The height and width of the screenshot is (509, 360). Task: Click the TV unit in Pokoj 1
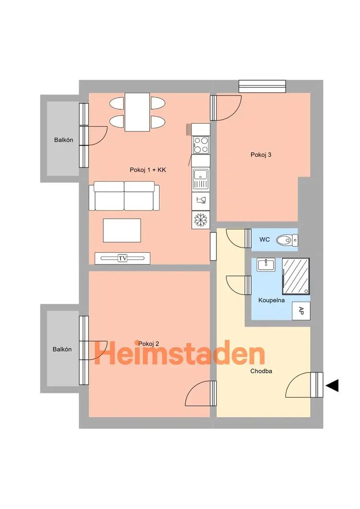pyautogui.click(x=122, y=258)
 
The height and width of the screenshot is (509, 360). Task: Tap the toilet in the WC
pyautogui.click(x=287, y=240)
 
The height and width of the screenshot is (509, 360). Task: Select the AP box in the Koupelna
pyautogui.click(x=301, y=311)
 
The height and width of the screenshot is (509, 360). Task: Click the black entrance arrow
pyautogui.click(x=332, y=385)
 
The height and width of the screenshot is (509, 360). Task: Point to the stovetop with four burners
pyautogui.click(x=201, y=145)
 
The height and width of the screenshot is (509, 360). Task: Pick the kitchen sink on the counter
pyautogui.click(x=201, y=178)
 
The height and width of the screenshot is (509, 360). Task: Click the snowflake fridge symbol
pyautogui.click(x=201, y=220)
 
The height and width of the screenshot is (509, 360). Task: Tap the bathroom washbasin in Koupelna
pyautogui.click(x=266, y=264)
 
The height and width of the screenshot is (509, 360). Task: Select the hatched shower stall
pyautogui.click(x=296, y=276)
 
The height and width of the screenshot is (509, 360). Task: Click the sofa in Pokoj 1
pyautogui.click(x=124, y=196)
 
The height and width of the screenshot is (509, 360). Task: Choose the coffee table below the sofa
pyautogui.click(x=122, y=230)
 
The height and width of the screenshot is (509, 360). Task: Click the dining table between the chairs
pyautogui.click(x=137, y=112)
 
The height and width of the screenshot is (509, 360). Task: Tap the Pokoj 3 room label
pyautogui.click(x=261, y=155)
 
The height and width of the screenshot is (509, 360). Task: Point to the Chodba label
pyautogui.click(x=261, y=371)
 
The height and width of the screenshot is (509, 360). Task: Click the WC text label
pyautogui.click(x=264, y=239)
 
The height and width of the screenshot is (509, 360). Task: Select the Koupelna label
pyautogui.click(x=272, y=300)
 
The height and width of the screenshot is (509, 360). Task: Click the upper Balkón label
pyautogui.click(x=64, y=140)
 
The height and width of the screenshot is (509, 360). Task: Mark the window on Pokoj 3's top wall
pyautogui.click(x=262, y=86)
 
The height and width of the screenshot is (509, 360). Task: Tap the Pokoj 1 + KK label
pyautogui.click(x=148, y=170)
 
